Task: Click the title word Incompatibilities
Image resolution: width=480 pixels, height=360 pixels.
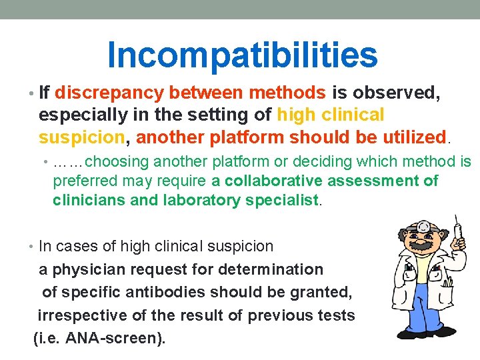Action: click(x=242, y=54)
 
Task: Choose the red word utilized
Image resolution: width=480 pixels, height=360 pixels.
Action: click(x=412, y=137)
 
